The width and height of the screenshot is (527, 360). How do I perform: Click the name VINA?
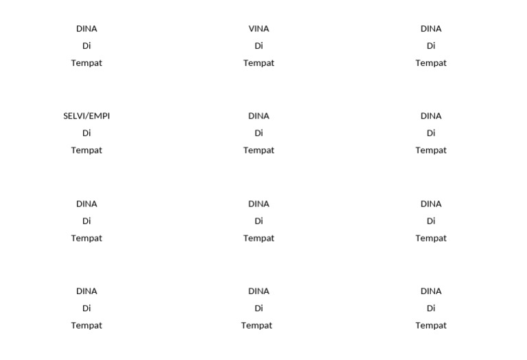259,29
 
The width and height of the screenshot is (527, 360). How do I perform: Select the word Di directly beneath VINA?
259,46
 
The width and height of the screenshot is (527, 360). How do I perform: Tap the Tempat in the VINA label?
259,63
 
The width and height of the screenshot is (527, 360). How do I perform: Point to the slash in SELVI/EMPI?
87,116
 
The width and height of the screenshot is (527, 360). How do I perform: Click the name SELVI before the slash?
74,116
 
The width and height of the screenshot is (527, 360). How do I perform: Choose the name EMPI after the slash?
99,116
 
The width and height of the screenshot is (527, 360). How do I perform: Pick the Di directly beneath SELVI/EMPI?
86,133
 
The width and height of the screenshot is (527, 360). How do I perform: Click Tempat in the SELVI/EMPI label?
86,150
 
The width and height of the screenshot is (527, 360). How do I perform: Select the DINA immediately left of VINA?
86,29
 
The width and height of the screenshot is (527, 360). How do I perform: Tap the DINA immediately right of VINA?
431,29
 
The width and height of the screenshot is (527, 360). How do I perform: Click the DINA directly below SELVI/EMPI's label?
86,204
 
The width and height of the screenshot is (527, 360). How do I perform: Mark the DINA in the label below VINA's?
259,116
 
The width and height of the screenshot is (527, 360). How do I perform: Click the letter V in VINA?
252,29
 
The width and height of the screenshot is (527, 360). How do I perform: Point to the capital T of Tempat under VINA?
246,63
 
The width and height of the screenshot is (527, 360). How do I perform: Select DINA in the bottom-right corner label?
431,291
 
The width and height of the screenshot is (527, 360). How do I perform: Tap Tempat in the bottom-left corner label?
86,326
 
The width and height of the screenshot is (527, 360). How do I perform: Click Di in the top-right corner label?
431,46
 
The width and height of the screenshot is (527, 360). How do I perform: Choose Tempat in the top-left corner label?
86,63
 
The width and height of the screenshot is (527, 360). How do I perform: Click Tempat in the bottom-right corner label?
431,326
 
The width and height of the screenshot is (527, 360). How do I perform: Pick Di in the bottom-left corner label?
86,309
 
